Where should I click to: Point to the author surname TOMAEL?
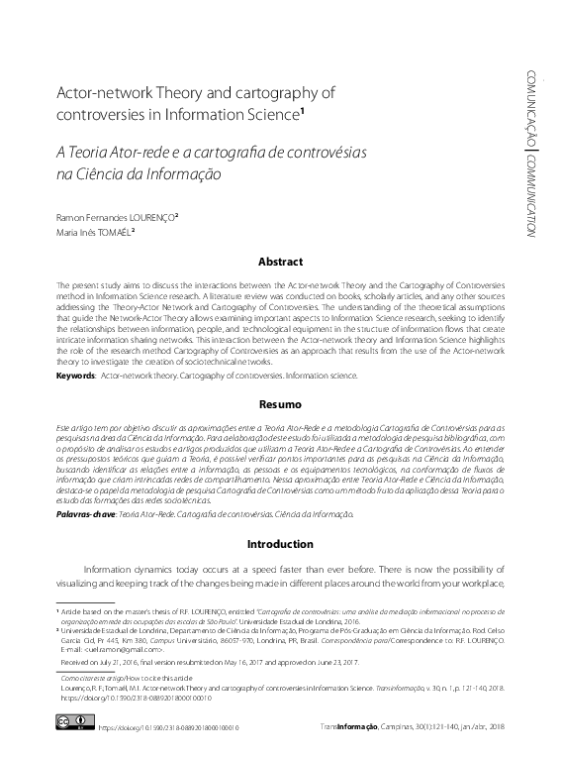111,233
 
